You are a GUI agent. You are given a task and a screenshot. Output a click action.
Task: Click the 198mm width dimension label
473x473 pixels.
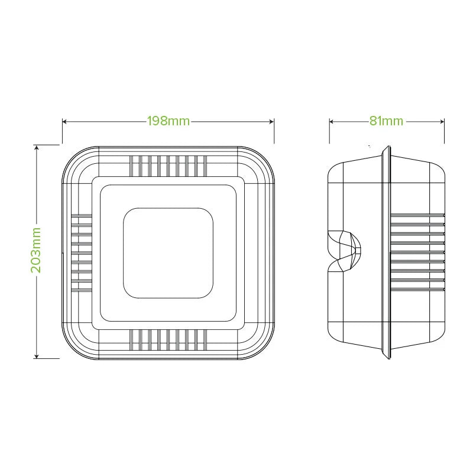[x=169, y=121]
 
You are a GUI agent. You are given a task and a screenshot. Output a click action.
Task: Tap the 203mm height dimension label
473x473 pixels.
[x=35, y=250]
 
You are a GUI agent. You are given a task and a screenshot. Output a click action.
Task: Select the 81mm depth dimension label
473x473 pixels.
[x=387, y=121]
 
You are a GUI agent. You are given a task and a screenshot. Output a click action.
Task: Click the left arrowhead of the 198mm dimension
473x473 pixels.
[x=64, y=122]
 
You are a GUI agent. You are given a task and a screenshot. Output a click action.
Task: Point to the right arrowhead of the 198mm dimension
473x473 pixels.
[x=272, y=122]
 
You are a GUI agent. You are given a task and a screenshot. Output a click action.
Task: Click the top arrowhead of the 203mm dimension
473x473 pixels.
[x=37, y=147]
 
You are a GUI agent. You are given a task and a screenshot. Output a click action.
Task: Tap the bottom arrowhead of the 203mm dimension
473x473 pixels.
[x=37, y=357]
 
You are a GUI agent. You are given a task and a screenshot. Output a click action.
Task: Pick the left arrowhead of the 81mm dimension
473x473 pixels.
[x=331, y=122]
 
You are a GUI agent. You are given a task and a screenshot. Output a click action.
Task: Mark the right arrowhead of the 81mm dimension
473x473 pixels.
[x=442, y=122]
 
